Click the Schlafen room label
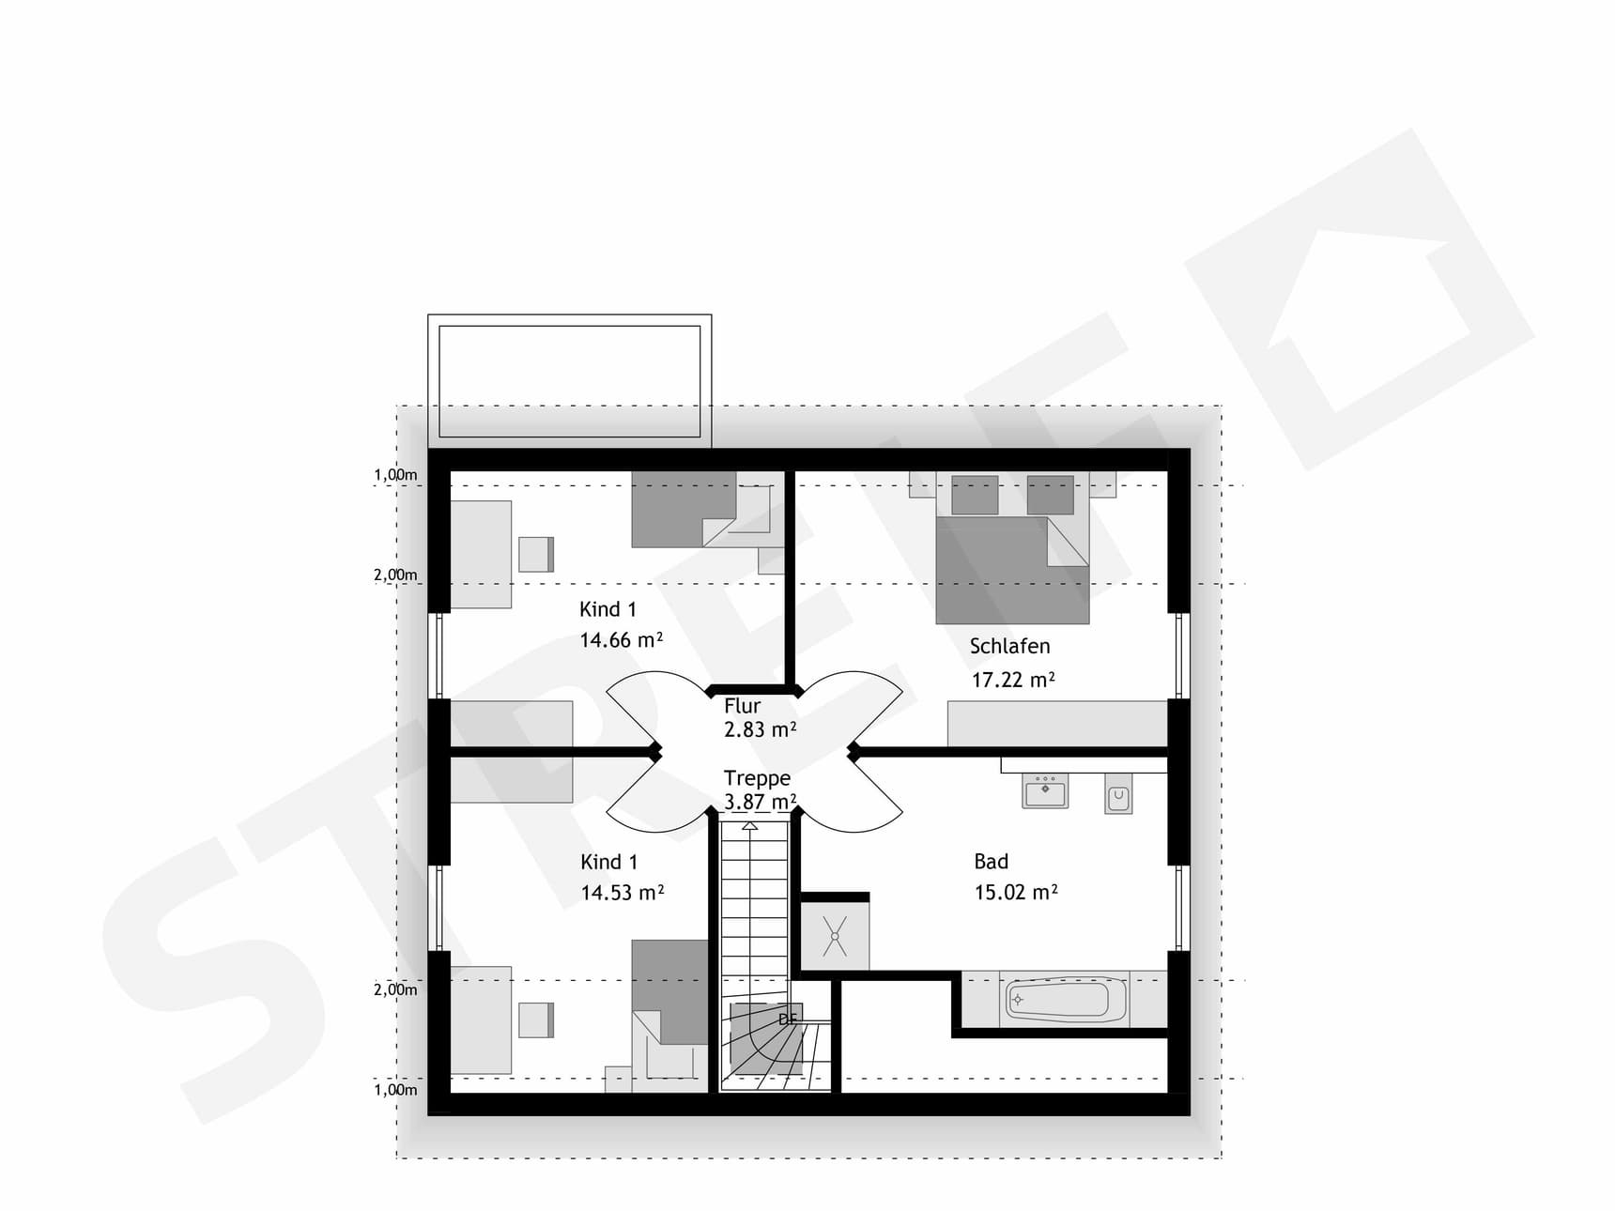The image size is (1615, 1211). (x=1009, y=646)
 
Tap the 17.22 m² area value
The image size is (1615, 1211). (x=1012, y=680)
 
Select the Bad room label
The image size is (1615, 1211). (x=991, y=861)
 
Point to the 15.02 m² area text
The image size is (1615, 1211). (x=1015, y=892)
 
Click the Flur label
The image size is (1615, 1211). (x=742, y=706)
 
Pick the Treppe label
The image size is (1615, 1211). (x=757, y=778)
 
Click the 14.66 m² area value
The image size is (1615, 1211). (x=621, y=640)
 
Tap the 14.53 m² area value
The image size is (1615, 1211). (x=622, y=893)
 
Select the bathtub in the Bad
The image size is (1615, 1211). (x=1066, y=1000)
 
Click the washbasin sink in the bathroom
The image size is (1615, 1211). (x=1045, y=790)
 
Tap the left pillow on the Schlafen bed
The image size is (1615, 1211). (x=975, y=495)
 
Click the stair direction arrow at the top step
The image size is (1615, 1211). (x=750, y=826)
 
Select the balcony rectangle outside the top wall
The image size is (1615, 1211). (x=569, y=380)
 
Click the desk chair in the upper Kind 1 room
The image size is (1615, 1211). (x=536, y=554)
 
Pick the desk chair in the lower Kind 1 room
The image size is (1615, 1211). (x=536, y=1020)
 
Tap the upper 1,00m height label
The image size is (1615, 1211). (x=395, y=475)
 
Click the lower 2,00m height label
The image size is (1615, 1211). (x=395, y=989)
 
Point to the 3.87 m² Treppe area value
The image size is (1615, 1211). (x=760, y=803)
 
